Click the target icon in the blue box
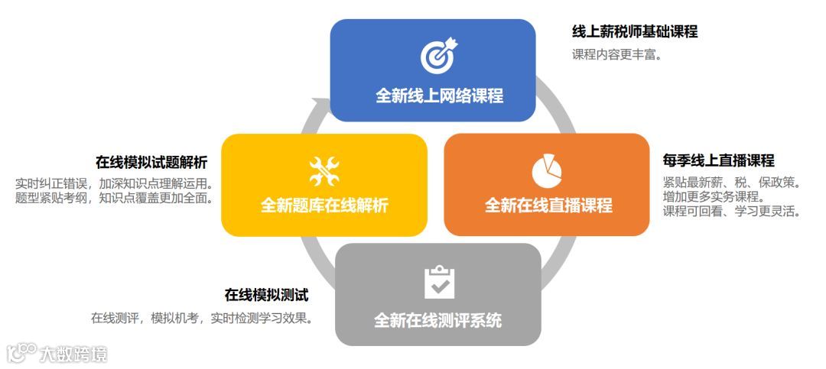click(x=437, y=57)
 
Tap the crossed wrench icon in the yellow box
click(x=324, y=171)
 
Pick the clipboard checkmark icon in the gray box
click(x=439, y=282)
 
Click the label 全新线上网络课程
click(x=439, y=96)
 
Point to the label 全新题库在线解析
click(x=324, y=206)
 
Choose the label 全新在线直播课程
click(x=548, y=206)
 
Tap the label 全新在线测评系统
click(x=437, y=320)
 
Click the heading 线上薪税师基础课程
click(x=635, y=32)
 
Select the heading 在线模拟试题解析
click(x=151, y=163)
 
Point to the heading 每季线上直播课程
click(x=718, y=160)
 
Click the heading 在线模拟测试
click(x=266, y=295)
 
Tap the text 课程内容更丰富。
click(x=616, y=55)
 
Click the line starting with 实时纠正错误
click(x=114, y=183)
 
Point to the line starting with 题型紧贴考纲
click(x=114, y=198)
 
